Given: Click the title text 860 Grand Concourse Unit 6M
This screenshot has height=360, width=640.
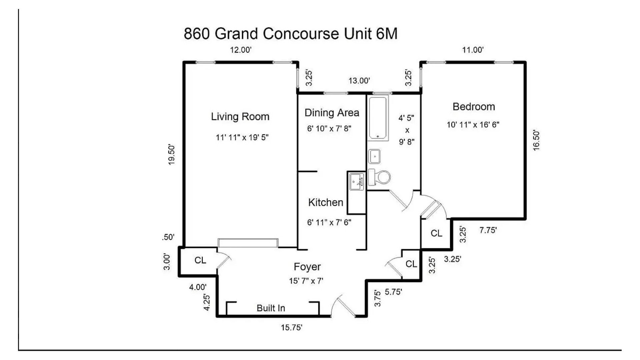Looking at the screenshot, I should coord(290,34).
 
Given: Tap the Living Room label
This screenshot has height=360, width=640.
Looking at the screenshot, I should coord(240,117).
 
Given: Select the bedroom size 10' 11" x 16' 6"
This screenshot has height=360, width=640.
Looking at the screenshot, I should coord(473,125).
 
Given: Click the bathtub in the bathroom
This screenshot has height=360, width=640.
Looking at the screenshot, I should coord(378,117).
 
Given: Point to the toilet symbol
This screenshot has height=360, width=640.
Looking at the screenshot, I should coord(380,177).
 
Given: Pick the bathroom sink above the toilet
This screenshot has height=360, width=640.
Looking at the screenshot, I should coord(375,156).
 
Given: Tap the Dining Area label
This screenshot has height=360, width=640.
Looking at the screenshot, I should coord(332,113).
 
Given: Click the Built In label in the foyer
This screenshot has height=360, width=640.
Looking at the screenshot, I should coord(271,308).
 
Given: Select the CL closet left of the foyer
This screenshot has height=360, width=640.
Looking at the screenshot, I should coord(200,260).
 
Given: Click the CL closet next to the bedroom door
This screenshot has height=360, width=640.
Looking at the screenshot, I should coord(436,233).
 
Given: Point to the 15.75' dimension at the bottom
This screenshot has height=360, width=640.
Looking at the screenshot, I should coord(291,327).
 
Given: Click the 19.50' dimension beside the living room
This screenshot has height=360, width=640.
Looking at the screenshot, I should coord(171,154).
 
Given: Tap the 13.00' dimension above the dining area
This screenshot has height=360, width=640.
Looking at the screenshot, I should coord(359,81).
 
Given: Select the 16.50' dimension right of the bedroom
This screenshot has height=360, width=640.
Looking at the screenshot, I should coord(536,140).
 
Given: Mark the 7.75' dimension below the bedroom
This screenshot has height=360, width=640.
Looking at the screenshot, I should coord(488,230).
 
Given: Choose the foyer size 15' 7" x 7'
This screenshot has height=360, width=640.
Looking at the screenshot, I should coord(306,281).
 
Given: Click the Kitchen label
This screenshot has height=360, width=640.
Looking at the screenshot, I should coord(325,202).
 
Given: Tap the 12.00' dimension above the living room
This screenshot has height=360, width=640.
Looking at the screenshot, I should coord(240,50).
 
